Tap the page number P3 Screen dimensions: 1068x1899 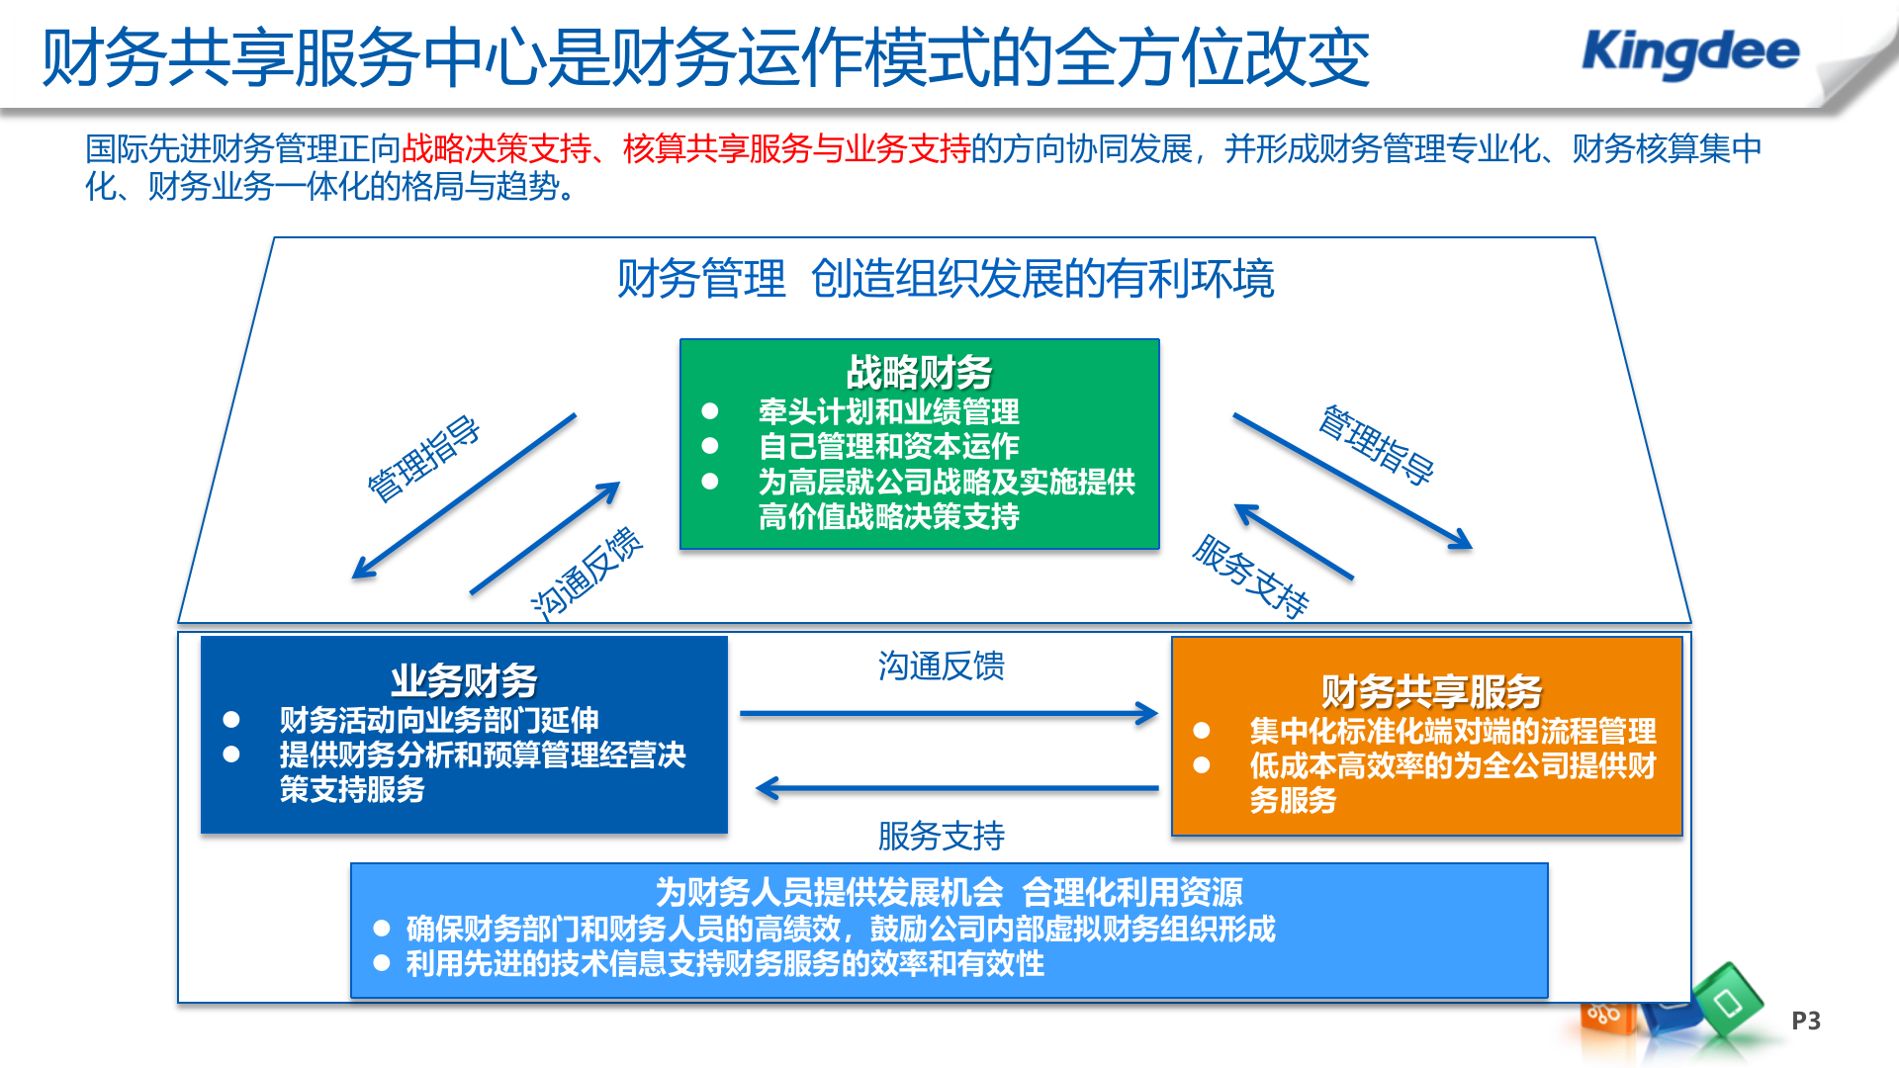pos(1805,1021)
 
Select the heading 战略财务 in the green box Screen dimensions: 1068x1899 pos(919,373)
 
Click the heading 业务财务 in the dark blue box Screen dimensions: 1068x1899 pos(464,681)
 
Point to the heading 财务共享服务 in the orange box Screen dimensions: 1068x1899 pos(1431,691)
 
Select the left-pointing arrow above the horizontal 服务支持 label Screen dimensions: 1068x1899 pos(956,788)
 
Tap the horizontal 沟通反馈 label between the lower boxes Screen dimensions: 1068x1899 pos(941,666)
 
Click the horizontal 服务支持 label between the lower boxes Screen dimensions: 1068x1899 pos(941,836)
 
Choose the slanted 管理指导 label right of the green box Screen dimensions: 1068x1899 pos(1376,444)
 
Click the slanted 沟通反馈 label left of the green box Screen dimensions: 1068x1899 pos(587,574)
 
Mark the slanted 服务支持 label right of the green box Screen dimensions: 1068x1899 pos(1251,576)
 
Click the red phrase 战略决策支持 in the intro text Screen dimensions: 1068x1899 pos(497,148)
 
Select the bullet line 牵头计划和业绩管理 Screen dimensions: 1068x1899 pos(888,411)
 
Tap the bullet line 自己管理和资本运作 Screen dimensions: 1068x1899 pos(888,446)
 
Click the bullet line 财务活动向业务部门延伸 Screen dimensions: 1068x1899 pos(438,719)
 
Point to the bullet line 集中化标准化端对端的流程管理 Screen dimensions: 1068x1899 pos(1452,731)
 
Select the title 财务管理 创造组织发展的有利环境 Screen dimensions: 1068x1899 pos(945,279)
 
